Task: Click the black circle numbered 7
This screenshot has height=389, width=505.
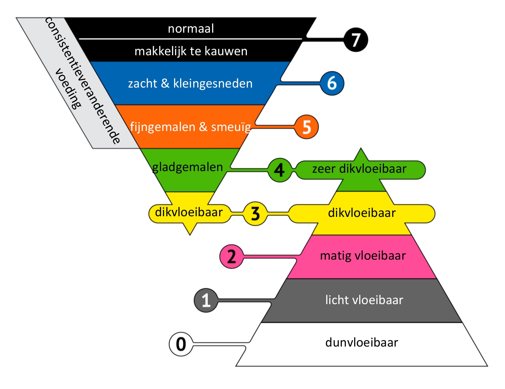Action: pyautogui.click(x=356, y=40)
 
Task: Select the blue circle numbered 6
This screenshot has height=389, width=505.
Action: pyautogui.click(x=332, y=83)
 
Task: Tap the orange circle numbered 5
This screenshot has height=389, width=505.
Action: pyautogui.click(x=306, y=127)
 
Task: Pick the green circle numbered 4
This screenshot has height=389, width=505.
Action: pyautogui.click(x=279, y=170)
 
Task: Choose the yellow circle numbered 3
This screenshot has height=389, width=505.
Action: pyautogui.click(x=255, y=213)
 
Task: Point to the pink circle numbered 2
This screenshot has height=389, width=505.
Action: pyautogui.click(x=231, y=256)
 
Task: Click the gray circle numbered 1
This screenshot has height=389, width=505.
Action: pyautogui.click(x=206, y=300)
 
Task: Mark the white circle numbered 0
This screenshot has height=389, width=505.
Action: pyautogui.click(x=181, y=344)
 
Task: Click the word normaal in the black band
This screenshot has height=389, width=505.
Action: pyautogui.click(x=191, y=29)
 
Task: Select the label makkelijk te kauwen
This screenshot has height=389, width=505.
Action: pyautogui.click(x=191, y=51)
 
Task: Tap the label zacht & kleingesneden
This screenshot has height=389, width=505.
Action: pyautogui.click(x=190, y=83)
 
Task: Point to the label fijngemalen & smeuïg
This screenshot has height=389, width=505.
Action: pyautogui.click(x=191, y=127)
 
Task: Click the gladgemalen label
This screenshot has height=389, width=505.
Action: pyautogui.click(x=188, y=167)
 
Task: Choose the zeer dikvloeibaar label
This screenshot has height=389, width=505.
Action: pyautogui.click(x=359, y=169)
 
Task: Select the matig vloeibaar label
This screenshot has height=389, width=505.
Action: pyautogui.click(x=363, y=256)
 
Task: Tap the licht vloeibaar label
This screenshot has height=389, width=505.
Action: pyautogui.click(x=364, y=300)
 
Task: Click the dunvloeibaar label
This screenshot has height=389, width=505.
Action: pyautogui.click(x=362, y=343)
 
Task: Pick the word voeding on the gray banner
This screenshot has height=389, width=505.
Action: pyautogui.click(x=68, y=89)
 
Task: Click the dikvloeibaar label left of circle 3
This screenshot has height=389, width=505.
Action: pyautogui.click(x=189, y=212)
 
